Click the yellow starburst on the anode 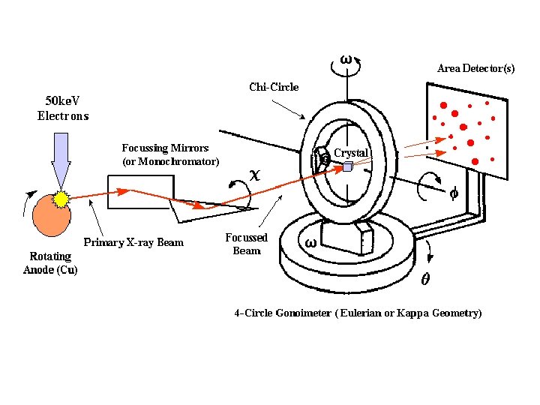click(61, 199)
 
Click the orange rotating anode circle click(52, 216)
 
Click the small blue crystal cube click(347, 166)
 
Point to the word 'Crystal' click(351, 152)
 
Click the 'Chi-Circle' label click(274, 87)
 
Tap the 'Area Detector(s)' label click(476, 68)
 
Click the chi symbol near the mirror click(255, 175)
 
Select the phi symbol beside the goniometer click(454, 193)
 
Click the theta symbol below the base click(426, 278)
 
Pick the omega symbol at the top click(346, 60)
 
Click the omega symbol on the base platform click(310, 243)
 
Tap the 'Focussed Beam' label click(247, 244)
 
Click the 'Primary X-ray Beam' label click(133, 242)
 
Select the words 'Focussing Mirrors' click(165, 148)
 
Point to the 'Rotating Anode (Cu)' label click(50, 262)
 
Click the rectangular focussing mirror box click(141, 192)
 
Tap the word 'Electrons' click(63, 115)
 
